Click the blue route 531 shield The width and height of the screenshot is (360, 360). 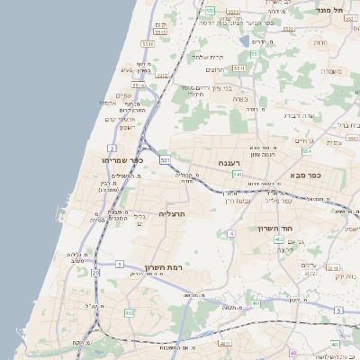tap(165, 159)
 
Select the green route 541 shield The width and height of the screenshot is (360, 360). tap(237, 174)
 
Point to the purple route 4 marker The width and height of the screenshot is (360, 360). tap(231, 233)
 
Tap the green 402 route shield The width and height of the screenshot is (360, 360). tap(257, 304)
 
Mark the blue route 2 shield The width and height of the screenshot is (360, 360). tap(112, 147)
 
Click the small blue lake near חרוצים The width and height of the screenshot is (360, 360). tap(244, 40)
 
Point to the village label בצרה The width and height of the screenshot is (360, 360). tap(238, 98)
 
